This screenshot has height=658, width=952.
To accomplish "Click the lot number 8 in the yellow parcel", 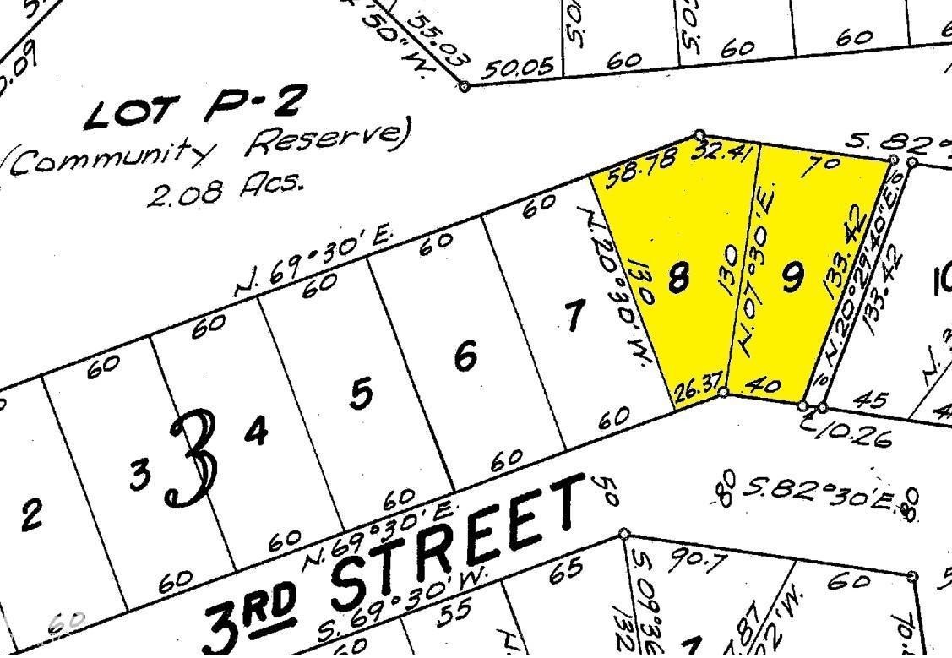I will pyautogui.click(x=677, y=277).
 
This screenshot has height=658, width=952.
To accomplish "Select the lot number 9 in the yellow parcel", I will pyautogui.click(x=792, y=277).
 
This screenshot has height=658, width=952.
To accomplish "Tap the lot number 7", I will pyautogui.click(x=574, y=318).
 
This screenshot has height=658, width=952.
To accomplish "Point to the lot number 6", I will pyautogui.click(x=465, y=357).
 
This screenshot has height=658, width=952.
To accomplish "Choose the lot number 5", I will pyautogui.click(x=362, y=394).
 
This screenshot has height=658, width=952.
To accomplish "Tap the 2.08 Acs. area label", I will pyautogui.click(x=225, y=189).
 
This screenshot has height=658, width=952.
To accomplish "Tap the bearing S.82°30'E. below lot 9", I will pyautogui.click(x=816, y=491).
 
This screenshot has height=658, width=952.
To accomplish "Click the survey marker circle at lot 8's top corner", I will pyautogui.click(x=699, y=135).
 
